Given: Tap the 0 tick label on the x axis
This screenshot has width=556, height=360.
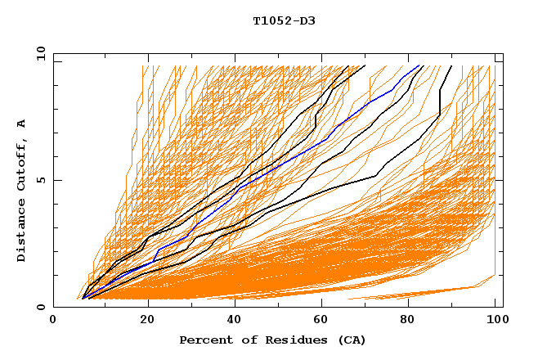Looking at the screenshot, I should tap(54, 320).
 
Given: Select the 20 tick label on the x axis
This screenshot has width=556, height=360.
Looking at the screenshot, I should tap(142, 320).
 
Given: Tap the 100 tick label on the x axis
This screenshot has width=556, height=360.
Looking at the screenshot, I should tap(495, 320).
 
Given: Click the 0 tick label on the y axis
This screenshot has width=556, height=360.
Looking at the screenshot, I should tap(40, 308).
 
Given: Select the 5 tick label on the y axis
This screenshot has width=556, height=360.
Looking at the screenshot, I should tap(40, 180).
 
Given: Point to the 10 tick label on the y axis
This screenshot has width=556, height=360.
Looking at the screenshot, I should tap(38, 52).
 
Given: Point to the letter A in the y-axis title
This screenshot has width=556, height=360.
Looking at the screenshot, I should tap(22, 124).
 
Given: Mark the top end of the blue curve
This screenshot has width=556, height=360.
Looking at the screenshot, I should tap(419, 65).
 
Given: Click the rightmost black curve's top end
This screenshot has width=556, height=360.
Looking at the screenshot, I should tap(451, 65).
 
